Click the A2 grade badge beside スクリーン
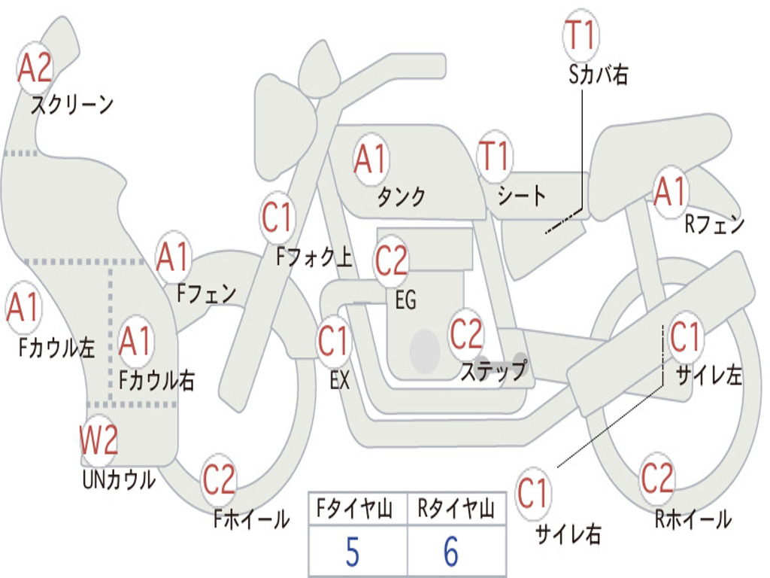point(35,68)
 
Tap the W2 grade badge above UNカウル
point(99,441)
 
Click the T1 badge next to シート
point(494,157)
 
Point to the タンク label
point(401,197)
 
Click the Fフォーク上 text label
point(314,258)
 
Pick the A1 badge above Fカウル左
point(23,308)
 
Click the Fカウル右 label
point(157,380)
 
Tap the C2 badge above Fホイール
point(219,479)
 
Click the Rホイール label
point(693,519)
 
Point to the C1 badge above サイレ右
point(533,494)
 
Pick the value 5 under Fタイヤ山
point(353,553)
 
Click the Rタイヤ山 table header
point(456,510)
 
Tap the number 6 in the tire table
point(451,553)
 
